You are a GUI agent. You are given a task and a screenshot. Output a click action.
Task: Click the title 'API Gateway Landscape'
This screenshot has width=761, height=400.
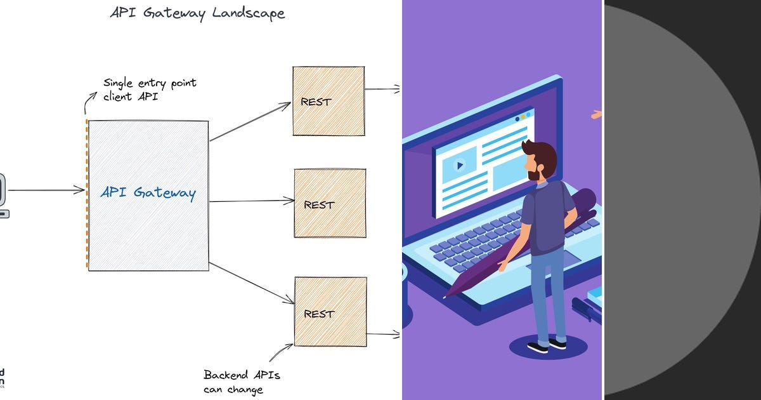click(x=197, y=13)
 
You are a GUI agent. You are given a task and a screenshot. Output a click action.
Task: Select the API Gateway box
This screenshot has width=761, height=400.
click(x=148, y=195)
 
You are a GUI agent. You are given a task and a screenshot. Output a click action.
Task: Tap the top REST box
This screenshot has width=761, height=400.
click(x=328, y=101)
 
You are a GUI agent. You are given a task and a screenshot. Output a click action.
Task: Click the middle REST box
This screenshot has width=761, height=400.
click(x=330, y=203)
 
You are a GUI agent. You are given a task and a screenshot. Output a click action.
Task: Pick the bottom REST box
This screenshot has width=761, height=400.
click(x=330, y=312)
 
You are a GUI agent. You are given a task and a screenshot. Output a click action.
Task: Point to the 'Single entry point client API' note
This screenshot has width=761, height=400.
click(x=150, y=90)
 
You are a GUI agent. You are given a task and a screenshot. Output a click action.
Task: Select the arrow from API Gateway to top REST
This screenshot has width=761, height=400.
click(x=250, y=121)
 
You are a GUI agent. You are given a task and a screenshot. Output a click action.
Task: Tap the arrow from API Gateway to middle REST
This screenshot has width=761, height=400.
click(x=252, y=201)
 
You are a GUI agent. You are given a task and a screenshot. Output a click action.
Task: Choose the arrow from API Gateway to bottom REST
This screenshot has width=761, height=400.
click(x=251, y=283)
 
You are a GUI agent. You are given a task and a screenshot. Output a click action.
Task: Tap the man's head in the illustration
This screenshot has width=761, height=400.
click(x=540, y=159)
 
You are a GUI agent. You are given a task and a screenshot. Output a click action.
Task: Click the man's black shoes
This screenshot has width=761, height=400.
click(x=547, y=345)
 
